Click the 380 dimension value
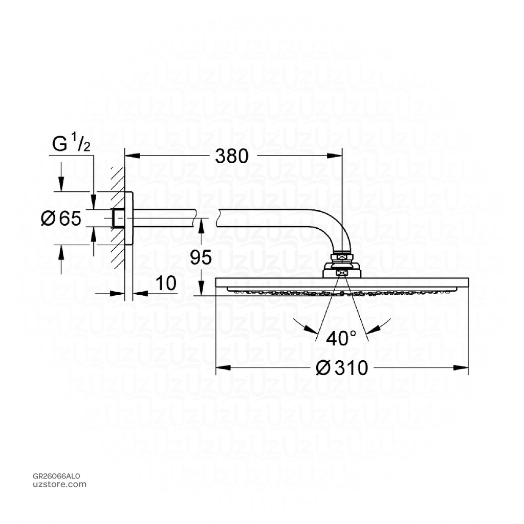tap(231, 156)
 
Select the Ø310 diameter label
tap(342, 367)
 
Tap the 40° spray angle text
tap(342, 338)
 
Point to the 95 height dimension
tap(201, 258)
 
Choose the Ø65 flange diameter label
tap(61, 219)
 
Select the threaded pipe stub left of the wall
tap(117, 219)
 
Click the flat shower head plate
tap(342, 283)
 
